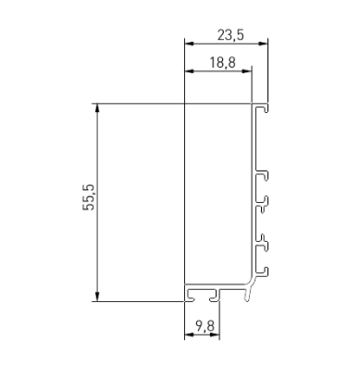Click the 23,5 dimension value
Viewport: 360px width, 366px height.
(230, 35)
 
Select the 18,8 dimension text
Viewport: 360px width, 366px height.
(223, 63)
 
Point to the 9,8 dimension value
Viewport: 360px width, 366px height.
(205, 326)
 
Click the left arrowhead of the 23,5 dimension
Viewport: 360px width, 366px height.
(189, 44)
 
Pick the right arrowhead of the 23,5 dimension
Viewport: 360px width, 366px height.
(263, 44)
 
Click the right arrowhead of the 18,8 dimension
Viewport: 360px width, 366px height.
(247, 71)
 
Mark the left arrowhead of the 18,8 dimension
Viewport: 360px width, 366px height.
(189, 71)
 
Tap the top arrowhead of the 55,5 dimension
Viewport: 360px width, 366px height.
(97, 107)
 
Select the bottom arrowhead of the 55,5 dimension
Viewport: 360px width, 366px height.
(97, 297)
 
